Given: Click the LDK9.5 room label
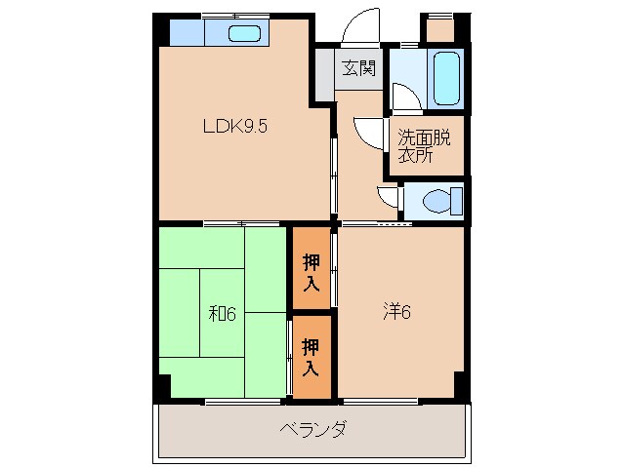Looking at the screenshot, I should click(234, 125).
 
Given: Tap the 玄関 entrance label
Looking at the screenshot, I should click(358, 68).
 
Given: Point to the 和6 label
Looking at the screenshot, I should click(223, 314).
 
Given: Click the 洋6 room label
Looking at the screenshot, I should click(395, 312).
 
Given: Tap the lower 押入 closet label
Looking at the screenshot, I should click(311, 356).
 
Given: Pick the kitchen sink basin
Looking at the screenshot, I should click(244, 34).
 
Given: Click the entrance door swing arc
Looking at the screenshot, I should click(362, 23).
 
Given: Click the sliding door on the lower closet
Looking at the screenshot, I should click(290, 356).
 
